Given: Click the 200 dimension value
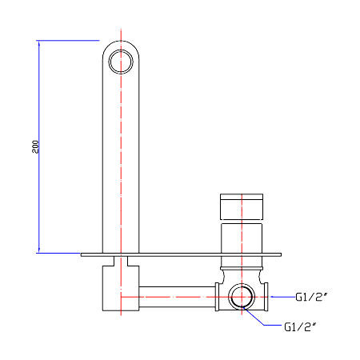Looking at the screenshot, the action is point(35,146).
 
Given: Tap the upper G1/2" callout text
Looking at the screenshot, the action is point(311,297).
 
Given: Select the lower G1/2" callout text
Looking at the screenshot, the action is point(300,326).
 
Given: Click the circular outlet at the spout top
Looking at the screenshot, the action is point(121,62).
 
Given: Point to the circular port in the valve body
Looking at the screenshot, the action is point(242,297).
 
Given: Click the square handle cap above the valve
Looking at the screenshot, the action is point(242,206).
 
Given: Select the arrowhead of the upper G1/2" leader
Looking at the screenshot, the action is point(273,297).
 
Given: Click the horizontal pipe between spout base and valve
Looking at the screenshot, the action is point(177,297).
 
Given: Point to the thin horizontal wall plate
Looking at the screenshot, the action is point(181,254).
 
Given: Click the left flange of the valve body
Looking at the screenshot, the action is point(217,297).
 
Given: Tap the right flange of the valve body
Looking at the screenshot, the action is point(266,297).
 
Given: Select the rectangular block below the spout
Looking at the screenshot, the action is point(121,288).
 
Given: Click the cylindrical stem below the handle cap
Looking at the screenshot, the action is point(242,238).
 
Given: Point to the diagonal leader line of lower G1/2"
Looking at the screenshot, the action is point(254,317).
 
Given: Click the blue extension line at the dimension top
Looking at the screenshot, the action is point(68,41).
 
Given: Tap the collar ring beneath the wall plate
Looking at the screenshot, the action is point(242,267).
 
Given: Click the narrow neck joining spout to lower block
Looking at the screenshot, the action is point(121,261).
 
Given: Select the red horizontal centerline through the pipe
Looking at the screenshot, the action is point(194,297).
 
